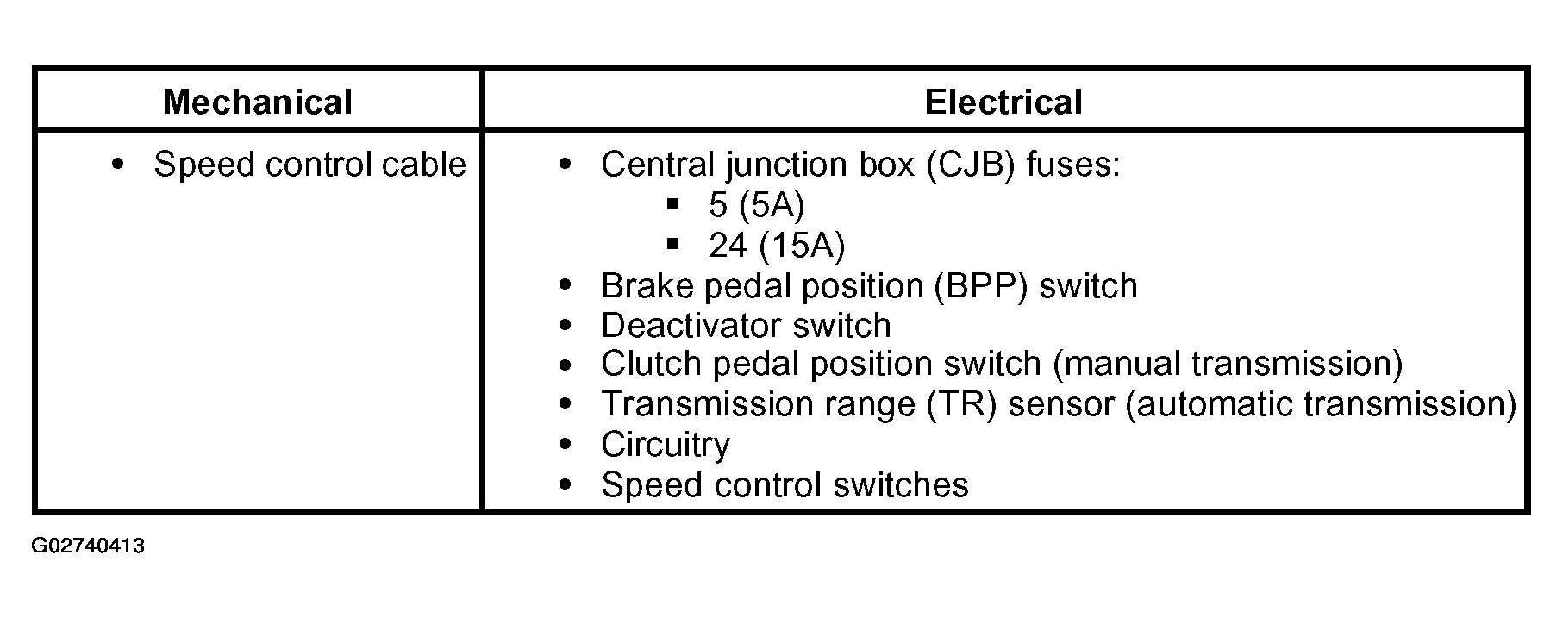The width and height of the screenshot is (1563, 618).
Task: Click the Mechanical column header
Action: click(x=258, y=103)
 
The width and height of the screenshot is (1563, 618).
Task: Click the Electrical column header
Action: click(x=1003, y=103)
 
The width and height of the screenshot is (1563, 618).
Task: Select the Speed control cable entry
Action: click(x=309, y=165)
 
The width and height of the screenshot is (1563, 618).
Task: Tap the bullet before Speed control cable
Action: click(x=118, y=164)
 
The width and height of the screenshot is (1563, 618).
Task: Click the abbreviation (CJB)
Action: click(x=971, y=165)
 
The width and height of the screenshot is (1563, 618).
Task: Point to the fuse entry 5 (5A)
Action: click(x=756, y=205)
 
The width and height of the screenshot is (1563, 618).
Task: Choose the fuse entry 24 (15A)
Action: click(x=777, y=246)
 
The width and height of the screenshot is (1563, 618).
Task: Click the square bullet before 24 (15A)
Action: click(x=673, y=244)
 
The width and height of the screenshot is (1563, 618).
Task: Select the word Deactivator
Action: click(x=691, y=326)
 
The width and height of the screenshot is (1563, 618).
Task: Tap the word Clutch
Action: click(x=652, y=364)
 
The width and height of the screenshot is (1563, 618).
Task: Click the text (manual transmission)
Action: click(x=1228, y=364)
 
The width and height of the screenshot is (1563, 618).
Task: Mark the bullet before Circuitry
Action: click(x=566, y=445)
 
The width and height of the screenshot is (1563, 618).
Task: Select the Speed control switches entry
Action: click(x=785, y=485)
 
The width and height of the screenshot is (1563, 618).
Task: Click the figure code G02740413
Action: click(x=88, y=546)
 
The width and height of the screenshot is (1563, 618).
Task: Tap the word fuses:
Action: click(x=1073, y=165)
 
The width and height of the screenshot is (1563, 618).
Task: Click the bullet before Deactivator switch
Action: click(x=566, y=326)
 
